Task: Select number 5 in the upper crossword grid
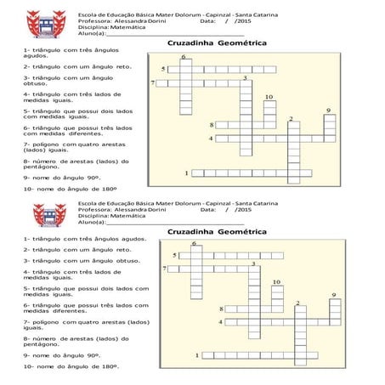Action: coord(163,68)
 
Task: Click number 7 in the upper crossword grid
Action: coord(153,83)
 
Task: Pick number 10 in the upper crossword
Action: coord(269,97)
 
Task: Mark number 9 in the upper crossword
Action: coord(328,110)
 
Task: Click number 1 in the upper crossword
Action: coord(186,173)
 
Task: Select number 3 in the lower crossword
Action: coord(253,264)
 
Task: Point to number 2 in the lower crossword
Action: coord(297,303)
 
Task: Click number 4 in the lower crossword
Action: coord(221,322)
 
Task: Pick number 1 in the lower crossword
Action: coord(197,355)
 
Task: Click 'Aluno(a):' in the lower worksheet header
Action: coord(92,222)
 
